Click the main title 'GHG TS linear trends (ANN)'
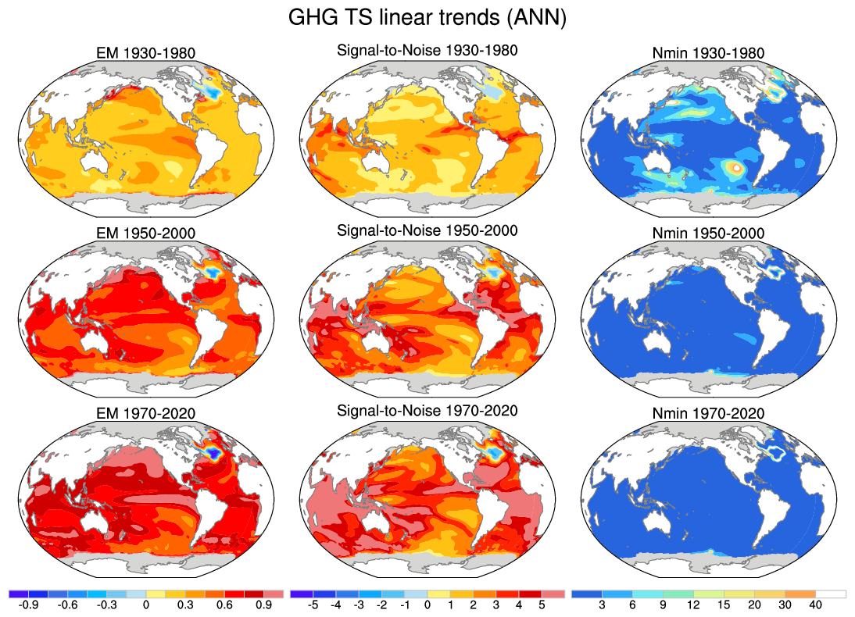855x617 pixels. (427, 18)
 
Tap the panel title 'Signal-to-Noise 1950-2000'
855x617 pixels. (427, 231)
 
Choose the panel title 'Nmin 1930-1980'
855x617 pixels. (708, 54)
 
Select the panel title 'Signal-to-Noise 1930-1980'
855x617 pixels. (427, 51)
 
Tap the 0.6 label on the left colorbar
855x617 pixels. (224, 605)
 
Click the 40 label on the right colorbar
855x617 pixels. (815, 605)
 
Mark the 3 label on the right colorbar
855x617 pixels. (602, 605)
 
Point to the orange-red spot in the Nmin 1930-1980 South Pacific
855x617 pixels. (733, 166)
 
